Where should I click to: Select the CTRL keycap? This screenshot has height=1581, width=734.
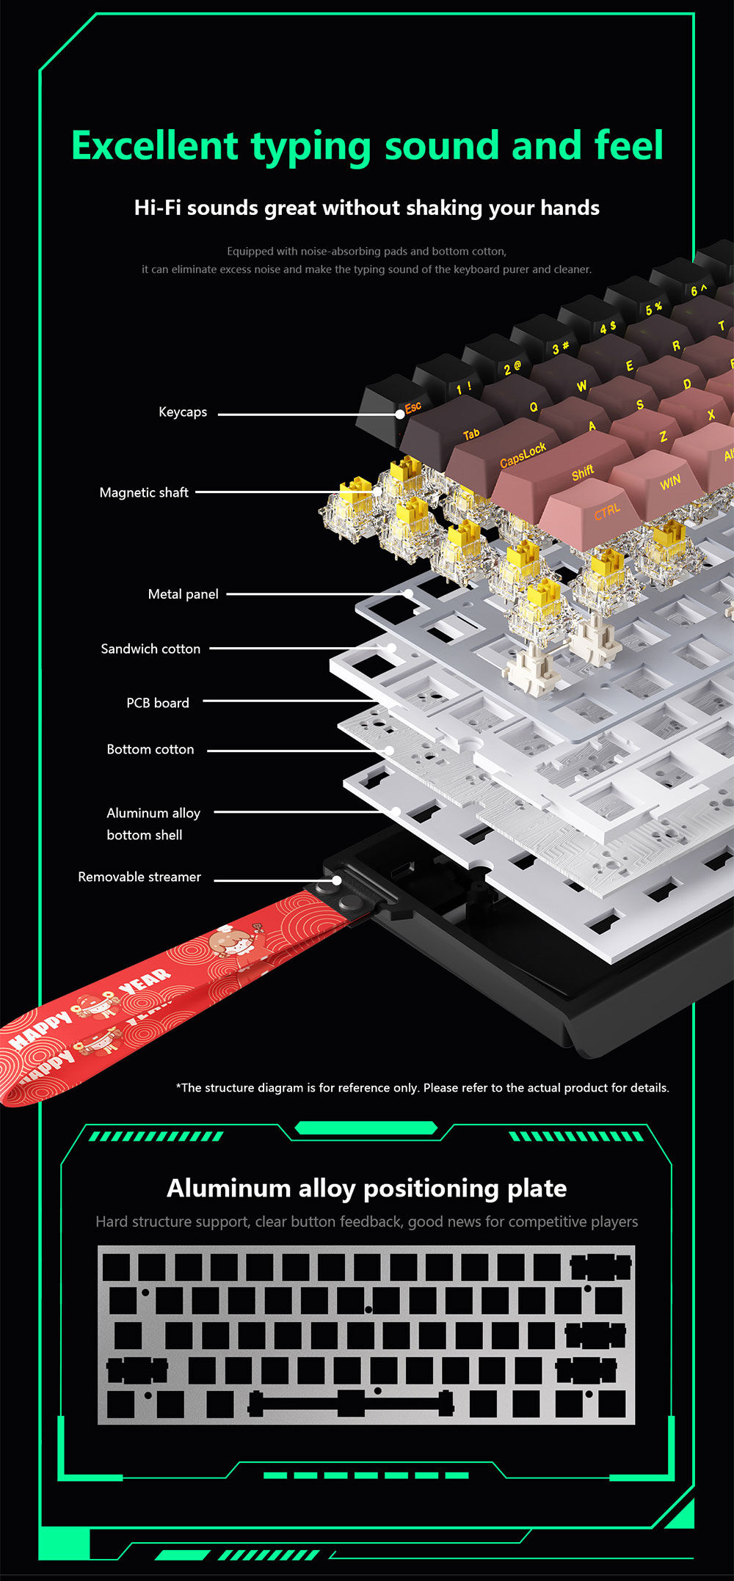[x=606, y=511]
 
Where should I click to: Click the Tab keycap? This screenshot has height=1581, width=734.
[x=470, y=434]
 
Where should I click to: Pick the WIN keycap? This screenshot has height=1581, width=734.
[x=669, y=482]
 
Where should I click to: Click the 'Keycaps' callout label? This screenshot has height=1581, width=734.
[x=183, y=412]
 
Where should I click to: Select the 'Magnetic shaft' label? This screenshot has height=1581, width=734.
[x=144, y=493]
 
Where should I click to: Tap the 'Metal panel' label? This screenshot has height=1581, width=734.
[x=183, y=594]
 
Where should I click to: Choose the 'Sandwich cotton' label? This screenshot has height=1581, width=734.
[x=150, y=649]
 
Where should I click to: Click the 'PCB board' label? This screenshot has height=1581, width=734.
[x=158, y=704]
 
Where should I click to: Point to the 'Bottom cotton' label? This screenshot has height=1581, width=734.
[x=150, y=750]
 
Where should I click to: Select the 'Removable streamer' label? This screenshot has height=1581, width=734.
[x=139, y=877]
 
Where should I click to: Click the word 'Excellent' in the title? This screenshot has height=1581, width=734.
[x=154, y=146]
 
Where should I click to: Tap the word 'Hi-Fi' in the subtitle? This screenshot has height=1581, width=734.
[x=157, y=208]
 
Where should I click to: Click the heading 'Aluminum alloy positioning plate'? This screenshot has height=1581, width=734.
[x=367, y=1189]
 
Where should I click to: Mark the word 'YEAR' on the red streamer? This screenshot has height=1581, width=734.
[x=145, y=982]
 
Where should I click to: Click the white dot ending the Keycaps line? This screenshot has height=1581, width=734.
[x=399, y=414]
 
